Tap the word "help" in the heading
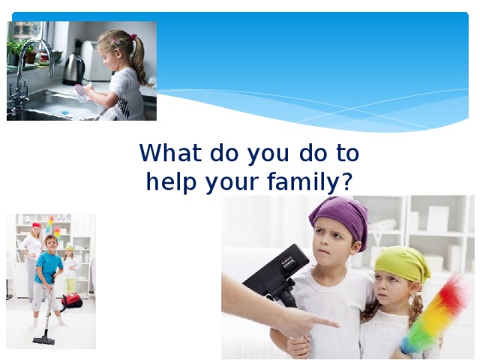168,182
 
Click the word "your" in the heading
226,182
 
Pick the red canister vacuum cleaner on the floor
71,301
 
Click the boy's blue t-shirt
49,268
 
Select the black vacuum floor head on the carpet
43,339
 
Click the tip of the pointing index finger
335,322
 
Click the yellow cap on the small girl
69,247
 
